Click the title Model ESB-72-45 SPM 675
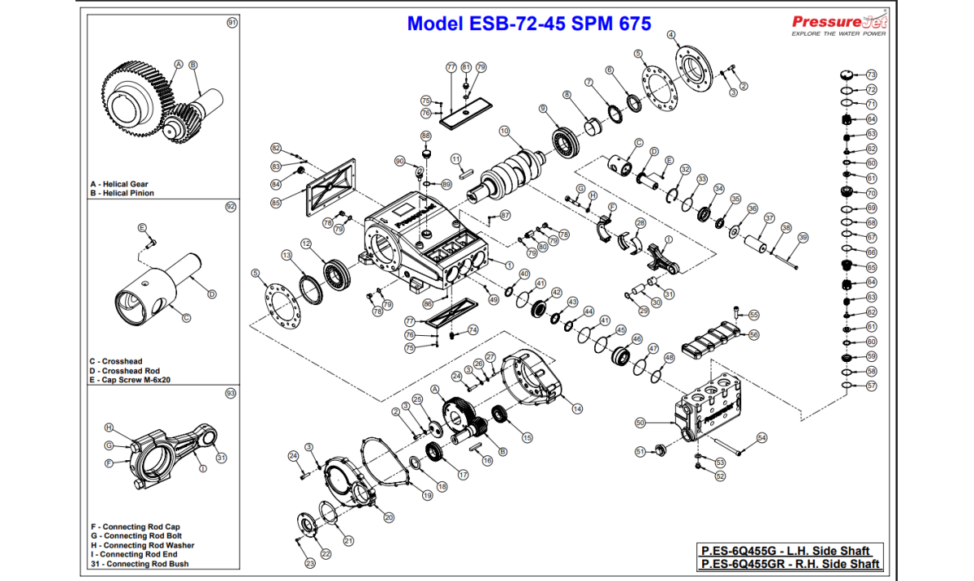(x=528, y=24)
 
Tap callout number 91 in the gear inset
(x=232, y=23)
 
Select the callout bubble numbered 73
(x=871, y=74)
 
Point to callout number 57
(x=872, y=385)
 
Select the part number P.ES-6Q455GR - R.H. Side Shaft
(x=790, y=564)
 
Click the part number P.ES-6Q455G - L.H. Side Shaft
(x=786, y=551)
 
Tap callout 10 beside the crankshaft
(x=504, y=131)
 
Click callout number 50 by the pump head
(x=640, y=423)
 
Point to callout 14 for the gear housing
(x=577, y=409)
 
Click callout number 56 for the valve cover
(x=754, y=334)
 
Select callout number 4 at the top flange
(x=671, y=34)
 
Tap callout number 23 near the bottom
(x=309, y=563)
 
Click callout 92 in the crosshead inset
(x=231, y=207)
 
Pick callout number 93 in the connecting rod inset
(x=231, y=393)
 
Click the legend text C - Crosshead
(x=116, y=361)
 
